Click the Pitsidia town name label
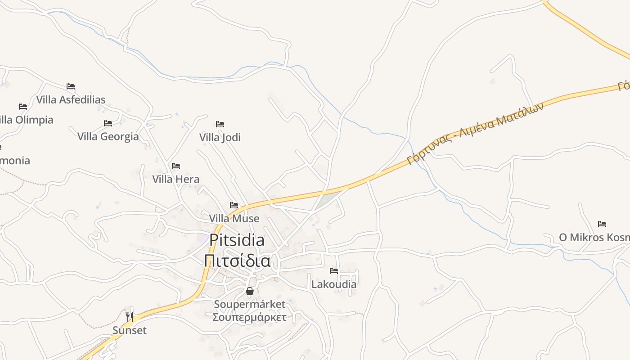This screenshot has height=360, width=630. (x=237, y=240)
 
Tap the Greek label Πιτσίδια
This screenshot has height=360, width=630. (x=237, y=261)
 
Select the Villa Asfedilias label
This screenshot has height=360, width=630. (x=71, y=99)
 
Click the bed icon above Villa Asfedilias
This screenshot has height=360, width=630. (x=71, y=86)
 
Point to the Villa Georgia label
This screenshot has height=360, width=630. (x=108, y=136)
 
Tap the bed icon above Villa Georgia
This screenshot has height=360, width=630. (x=108, y=123)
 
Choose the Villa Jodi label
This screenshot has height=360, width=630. (x=220, y=137)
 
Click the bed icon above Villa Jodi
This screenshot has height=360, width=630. (x=220, y=124)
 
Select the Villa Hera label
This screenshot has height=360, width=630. (x=175, y=179)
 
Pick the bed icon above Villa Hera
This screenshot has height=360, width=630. (x=176, y=166)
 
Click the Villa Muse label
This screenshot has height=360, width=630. (x=234, y=218)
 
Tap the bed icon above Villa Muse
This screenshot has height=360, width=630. (x=234, y=205)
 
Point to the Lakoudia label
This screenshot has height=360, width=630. (x=334, y=284)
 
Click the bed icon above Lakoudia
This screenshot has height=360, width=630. (x=334, y=271)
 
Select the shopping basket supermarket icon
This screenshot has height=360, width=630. (x=250, y=292)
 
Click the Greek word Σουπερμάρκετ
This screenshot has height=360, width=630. (x=249, y=317)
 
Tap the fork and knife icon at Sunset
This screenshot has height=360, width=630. (x=130, y=317)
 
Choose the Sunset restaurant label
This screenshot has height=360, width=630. (x=130, y=330)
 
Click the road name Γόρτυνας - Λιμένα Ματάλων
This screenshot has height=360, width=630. (x=475, y=134)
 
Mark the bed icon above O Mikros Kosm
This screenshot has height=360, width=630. (x=602, y=224)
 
